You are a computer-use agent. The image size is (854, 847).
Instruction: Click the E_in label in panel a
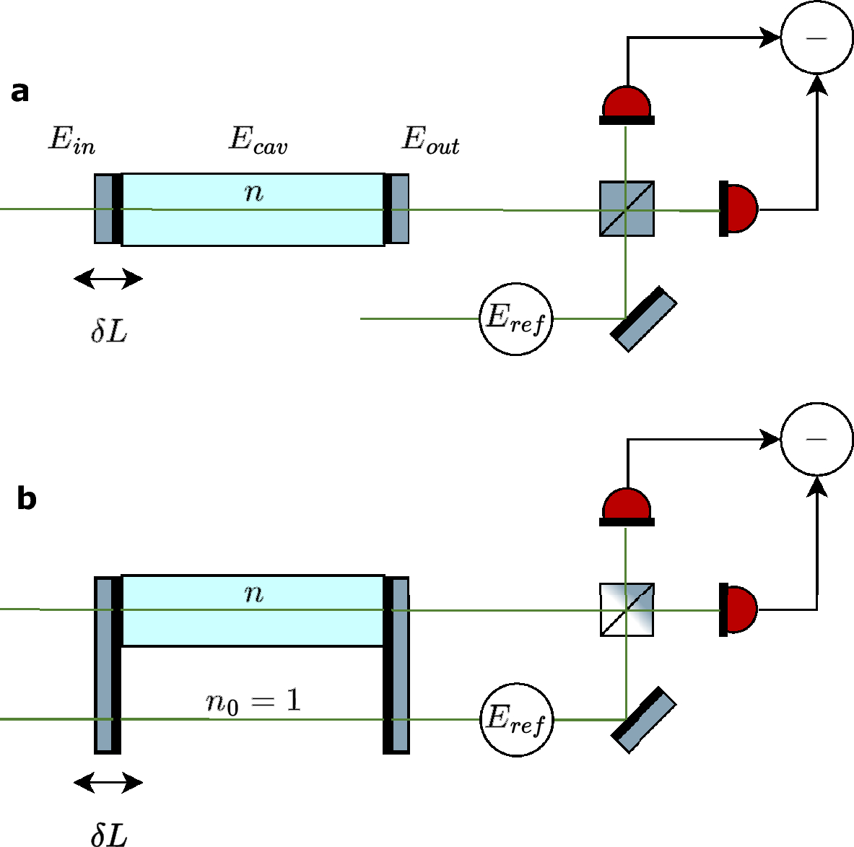[71, 139]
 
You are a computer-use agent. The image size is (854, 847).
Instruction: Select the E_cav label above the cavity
[258, 139]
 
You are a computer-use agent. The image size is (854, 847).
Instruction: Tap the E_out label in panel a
[430, 139]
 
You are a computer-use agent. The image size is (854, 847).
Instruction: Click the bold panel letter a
[20, 92]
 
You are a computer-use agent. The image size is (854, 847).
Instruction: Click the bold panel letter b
[26, 499]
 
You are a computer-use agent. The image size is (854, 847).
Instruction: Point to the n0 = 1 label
[253, 701]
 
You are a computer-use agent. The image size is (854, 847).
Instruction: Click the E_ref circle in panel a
[516, 318]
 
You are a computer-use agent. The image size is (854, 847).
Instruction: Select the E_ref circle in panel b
[516, 720]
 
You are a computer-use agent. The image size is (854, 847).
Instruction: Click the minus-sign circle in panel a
[816, 38]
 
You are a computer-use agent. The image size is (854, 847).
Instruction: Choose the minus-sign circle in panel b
[816, 439]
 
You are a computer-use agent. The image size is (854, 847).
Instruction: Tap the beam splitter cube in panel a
[627, 209]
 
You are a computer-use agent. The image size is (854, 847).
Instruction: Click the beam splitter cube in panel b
[627, 609]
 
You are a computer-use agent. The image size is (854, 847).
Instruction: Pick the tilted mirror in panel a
[644, 319]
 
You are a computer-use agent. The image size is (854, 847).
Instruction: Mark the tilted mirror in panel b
[644, 720]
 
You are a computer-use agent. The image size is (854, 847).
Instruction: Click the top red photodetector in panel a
[627, 104]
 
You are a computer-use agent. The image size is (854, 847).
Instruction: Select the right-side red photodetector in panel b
[738, 609]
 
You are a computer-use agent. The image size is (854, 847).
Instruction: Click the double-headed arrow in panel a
[108, 278]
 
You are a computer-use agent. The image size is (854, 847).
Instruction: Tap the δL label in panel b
[109, 834]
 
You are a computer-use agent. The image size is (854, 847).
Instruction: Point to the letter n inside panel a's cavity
[253, 192]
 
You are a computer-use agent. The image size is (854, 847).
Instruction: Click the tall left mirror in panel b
[108, 664]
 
